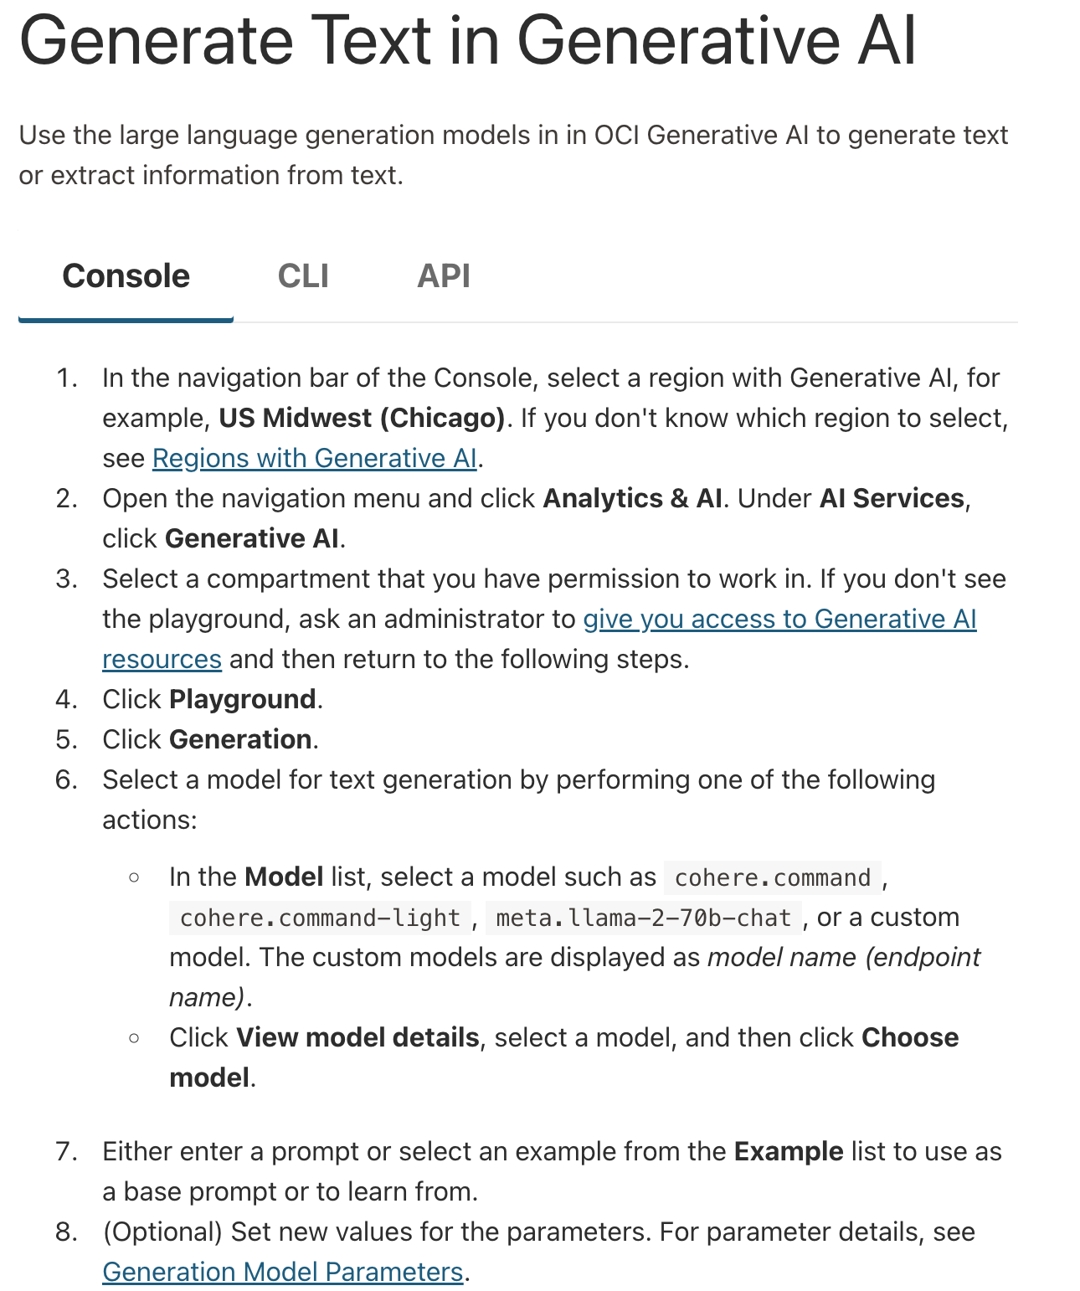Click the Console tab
(126, 276)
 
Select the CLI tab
(303, 276)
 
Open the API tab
(444, 276)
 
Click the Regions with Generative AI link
(314, 458)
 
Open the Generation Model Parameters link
(282, 1272)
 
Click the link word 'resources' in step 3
(162, 659)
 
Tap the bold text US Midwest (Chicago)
(362, 418)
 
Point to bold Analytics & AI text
(632, 498)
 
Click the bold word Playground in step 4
(242, 699)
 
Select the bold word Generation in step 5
(240, 739)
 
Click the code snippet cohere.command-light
(320, 918)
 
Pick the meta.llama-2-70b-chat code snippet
(643, 918)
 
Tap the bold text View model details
(357, 1037)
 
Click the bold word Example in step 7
(788, 1151)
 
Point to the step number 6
(66, 779)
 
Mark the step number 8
(66, 1232)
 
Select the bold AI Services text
(892, 498)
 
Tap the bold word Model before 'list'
(284, 877)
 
